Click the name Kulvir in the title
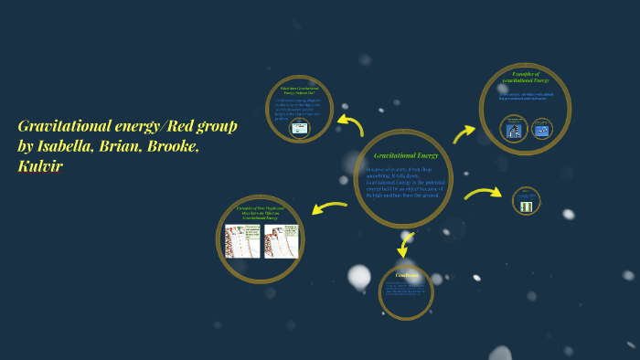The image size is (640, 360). click(40, 166)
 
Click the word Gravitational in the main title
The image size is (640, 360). click(64, 126)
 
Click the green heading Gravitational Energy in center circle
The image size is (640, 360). click(406, 156)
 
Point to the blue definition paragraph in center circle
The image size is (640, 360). click(403, 182)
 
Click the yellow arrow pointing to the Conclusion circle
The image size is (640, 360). click(404, 243)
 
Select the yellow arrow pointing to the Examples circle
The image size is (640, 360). click(464, 133)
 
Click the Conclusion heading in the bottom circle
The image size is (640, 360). click(407, 275)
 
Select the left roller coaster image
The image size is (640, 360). click(242, 241)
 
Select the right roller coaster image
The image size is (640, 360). click(281, 241)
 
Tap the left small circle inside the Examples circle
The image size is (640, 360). click(513, 129)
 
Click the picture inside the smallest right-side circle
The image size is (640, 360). click(526, 206)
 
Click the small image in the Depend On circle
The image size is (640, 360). click(300, 130)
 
